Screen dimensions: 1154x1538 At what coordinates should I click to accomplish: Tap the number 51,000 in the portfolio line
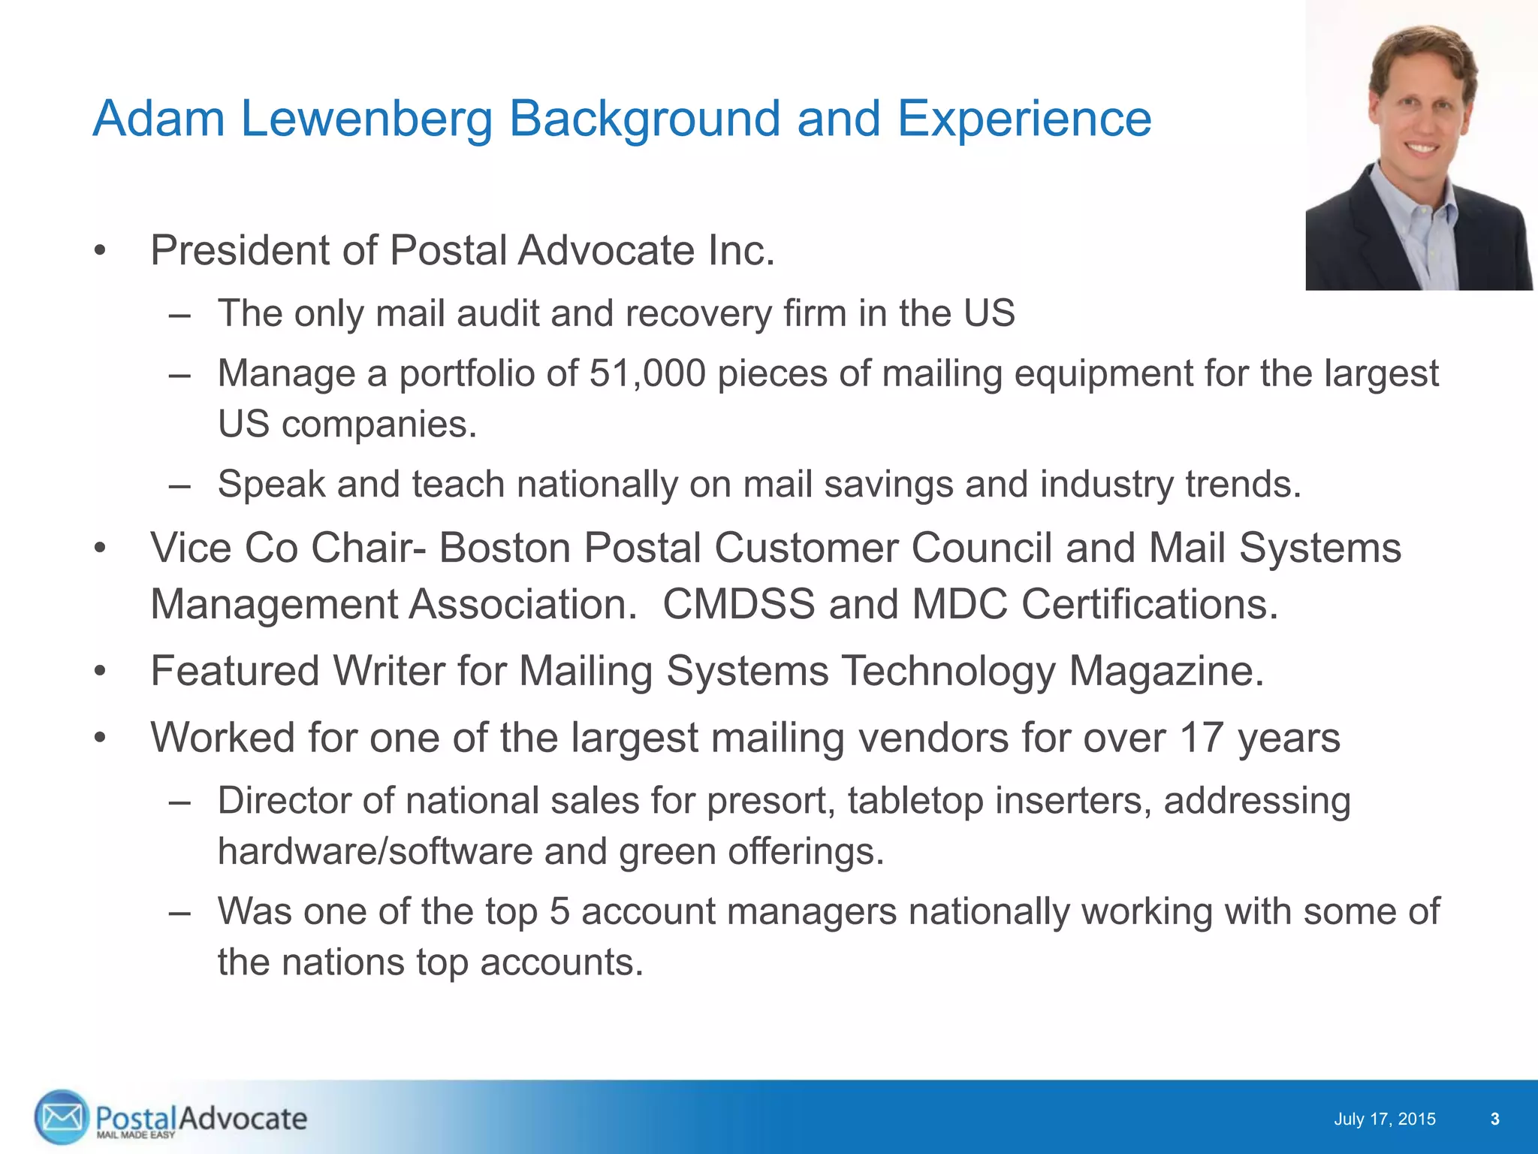[647, 373]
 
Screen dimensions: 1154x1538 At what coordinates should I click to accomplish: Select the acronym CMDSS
[738, 604]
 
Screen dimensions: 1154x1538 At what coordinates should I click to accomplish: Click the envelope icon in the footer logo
[61, 1117]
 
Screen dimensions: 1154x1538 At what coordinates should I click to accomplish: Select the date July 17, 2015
[1384, 1119]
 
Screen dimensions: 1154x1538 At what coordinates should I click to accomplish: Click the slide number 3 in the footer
[1494, 1119]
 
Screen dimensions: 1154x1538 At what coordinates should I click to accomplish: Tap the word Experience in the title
[1024, 119]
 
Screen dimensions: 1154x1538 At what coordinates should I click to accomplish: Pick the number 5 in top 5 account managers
[559, 911]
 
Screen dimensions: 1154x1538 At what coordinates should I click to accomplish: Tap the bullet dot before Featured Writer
[101, 671]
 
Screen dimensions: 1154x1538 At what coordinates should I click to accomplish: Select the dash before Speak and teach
[179, 484]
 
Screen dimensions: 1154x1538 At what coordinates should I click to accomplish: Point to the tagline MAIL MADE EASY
[135, 1134]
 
